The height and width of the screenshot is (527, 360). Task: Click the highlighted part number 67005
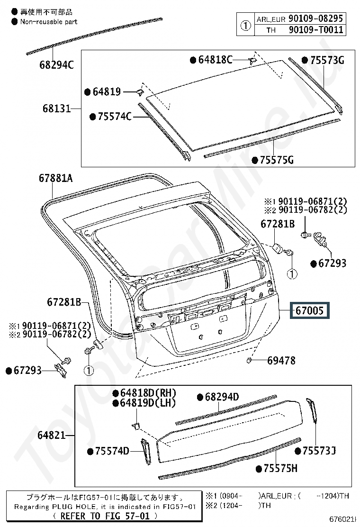(x=310, y=311)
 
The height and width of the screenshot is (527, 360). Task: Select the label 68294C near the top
(x=56, y=65)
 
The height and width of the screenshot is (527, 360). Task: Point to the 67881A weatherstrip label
(x=55, y=178)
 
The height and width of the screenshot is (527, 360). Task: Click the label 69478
(x=281, y=361)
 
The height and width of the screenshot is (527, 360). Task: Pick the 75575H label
(x=280, y=469)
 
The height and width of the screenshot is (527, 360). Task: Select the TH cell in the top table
(x=271, y=30)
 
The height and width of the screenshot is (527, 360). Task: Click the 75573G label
(x=327, y=60)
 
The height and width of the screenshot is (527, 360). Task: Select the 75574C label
(x=114, y=116)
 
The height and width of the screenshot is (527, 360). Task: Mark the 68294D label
(x=221, y=397)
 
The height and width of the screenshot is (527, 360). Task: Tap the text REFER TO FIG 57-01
(x=102, y=516)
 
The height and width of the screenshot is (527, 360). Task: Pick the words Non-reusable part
(x=48, y=21)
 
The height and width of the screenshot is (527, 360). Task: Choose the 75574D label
(x=112, y=451)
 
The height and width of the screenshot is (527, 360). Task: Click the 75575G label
(x=276, y=160)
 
